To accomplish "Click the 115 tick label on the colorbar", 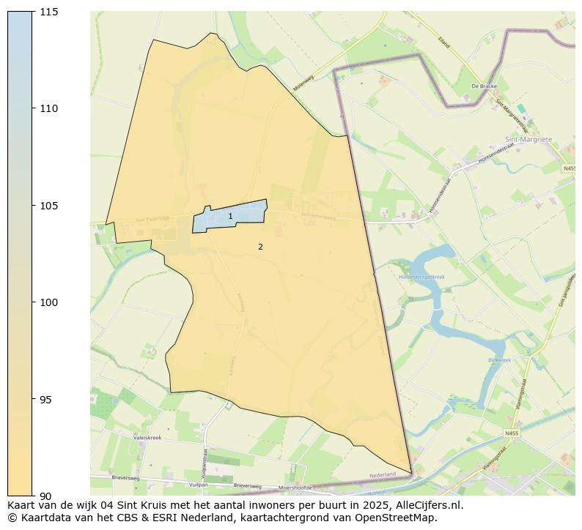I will coord(49,12).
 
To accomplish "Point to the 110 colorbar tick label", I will coord(49,108).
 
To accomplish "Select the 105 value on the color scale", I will coord(49,206).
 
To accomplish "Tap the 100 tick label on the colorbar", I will coord(49,302).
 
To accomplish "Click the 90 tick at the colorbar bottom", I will coord(46,496).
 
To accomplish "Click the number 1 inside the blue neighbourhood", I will coord(230,216).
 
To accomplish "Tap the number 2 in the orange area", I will coord(260,247).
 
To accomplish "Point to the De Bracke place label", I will coord(485,86).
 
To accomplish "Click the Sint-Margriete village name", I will coord(528,139).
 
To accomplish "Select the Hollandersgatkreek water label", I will coord(421,277).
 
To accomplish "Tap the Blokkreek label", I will coord(499,360).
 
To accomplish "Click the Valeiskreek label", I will coord(147,437).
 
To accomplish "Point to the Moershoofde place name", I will coord(295,488).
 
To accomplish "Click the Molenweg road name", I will coord(303,75).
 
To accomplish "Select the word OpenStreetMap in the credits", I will coord(399,518).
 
